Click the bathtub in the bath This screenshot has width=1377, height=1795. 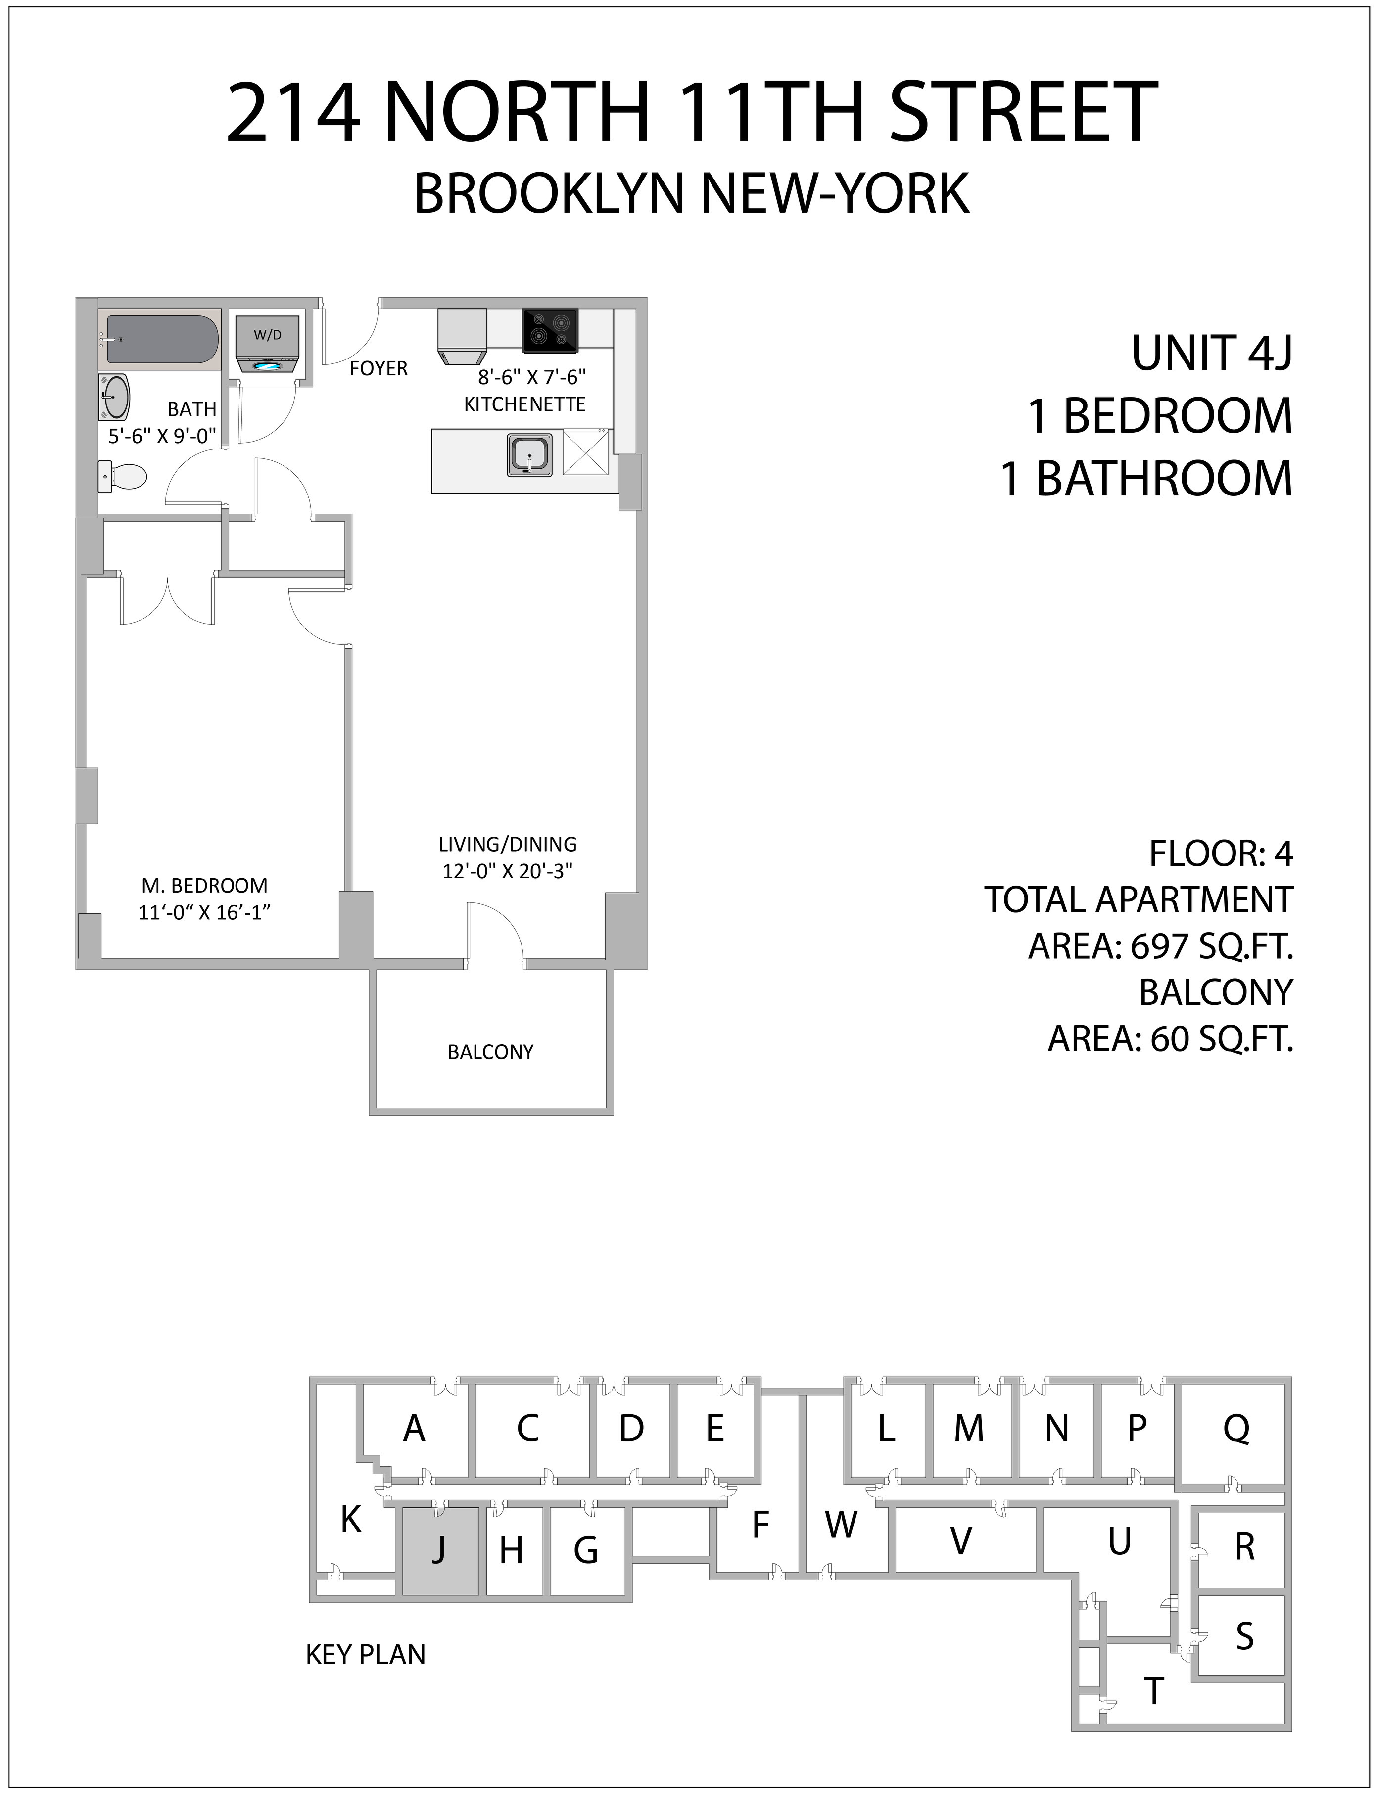[x=161, y=339]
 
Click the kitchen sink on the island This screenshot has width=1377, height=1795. [x=529, y=455]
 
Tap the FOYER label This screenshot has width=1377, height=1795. [x=379, y=369]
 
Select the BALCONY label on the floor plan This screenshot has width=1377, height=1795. [x=490, y=1052]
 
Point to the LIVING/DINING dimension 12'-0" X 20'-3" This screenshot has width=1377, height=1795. [x=507, y=871]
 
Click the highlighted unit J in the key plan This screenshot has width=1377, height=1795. [x=440, y=1550]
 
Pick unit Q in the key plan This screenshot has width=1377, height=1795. [x=1236, y=1429]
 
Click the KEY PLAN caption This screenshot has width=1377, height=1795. [x=366, y=1654]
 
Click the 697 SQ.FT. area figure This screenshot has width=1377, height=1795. [x=1211, y=946]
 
